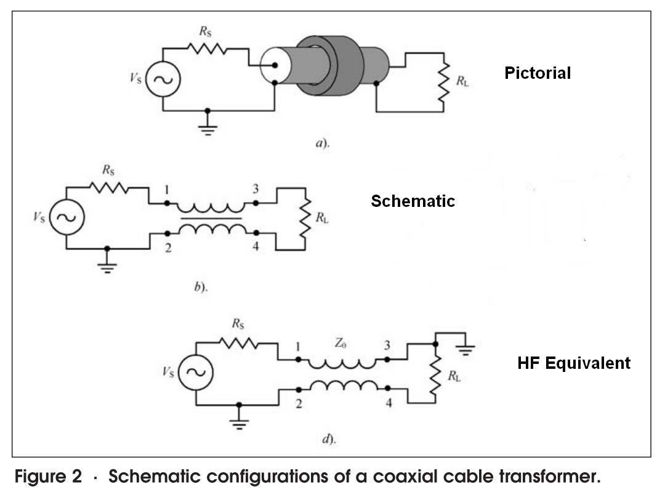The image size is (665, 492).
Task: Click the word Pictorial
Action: coord(538,73)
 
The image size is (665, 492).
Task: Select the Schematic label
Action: coord(413,201)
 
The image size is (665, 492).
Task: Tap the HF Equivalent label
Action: coord(574,363)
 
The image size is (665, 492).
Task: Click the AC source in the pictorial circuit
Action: coord(163,80)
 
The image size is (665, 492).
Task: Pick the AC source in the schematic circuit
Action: coord(66,217)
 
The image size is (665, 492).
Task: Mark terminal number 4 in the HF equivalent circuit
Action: coord(389,403)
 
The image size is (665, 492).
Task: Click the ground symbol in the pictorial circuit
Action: coord(208,127)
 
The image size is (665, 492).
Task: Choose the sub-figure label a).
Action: coord(322,143)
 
